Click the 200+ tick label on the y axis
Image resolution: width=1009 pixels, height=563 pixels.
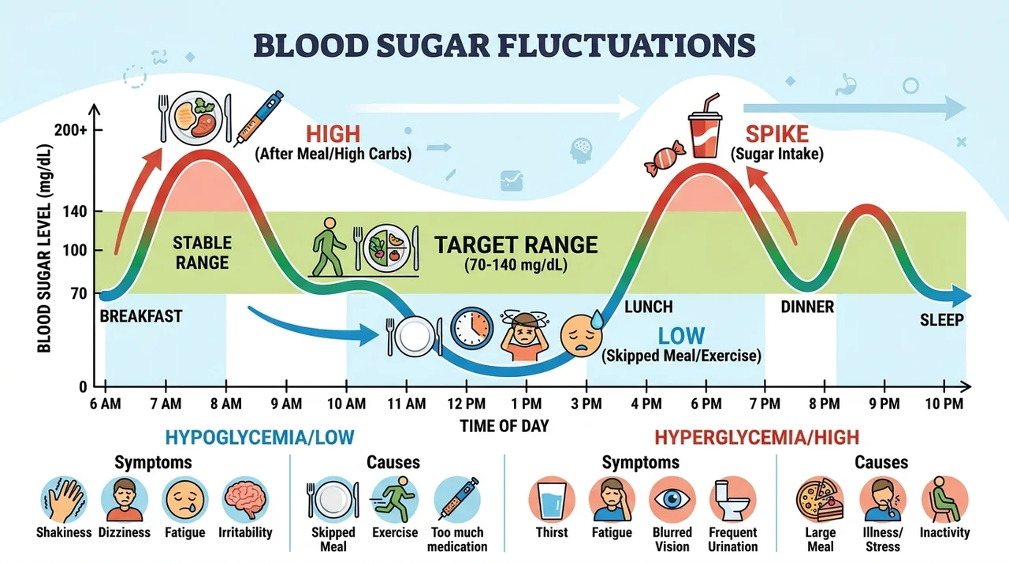coord(70,130)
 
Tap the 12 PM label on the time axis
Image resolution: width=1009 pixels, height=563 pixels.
coord(467,404)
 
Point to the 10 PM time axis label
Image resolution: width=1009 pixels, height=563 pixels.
coord(944,404)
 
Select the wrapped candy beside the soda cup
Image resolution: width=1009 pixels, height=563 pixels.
coord(665,158)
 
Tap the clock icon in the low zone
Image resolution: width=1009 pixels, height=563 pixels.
coord(471,329)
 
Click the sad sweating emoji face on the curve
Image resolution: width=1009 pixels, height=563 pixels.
coord(582,334)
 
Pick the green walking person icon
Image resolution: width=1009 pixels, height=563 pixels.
coord(329,247)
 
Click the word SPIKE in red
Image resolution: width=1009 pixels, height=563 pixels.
coord(777,134)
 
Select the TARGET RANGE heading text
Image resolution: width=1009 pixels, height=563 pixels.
coord(516,245)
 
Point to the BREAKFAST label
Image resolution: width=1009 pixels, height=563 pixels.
coord(141,316)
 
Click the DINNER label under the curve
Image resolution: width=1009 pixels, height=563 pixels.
coord(807,308)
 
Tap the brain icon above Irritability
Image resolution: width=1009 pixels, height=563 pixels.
coord(245,499)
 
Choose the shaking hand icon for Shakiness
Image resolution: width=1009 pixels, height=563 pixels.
coord(64,499)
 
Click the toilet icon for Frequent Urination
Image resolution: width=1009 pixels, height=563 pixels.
coord(733,499)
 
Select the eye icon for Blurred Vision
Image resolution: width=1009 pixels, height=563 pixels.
coord(672,499)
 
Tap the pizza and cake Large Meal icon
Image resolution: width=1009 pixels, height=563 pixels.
coord(820,499)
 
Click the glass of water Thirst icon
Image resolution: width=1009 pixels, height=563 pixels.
coord(552,499)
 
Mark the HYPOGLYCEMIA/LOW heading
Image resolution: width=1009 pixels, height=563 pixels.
coord(260,438)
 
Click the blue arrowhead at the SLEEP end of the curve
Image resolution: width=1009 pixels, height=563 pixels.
coord(960,296)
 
